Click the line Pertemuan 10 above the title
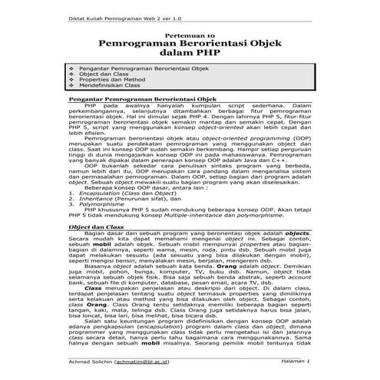[190, 35]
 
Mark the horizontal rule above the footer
[190, 355]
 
